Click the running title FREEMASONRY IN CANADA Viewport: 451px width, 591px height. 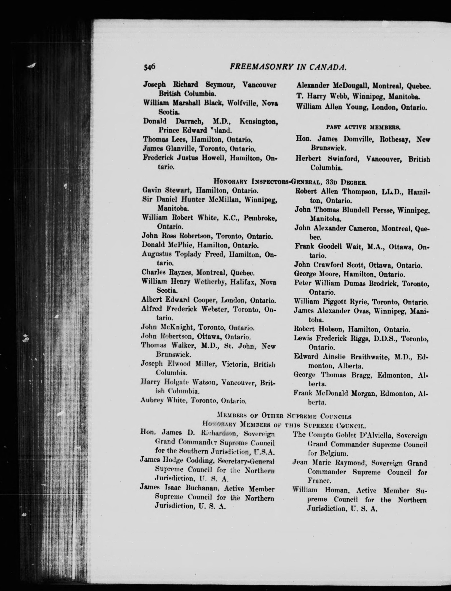pyautogui.click(x=288, y=67)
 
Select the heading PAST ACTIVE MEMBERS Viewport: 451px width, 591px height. pyautogui.click(x=363, y=127)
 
